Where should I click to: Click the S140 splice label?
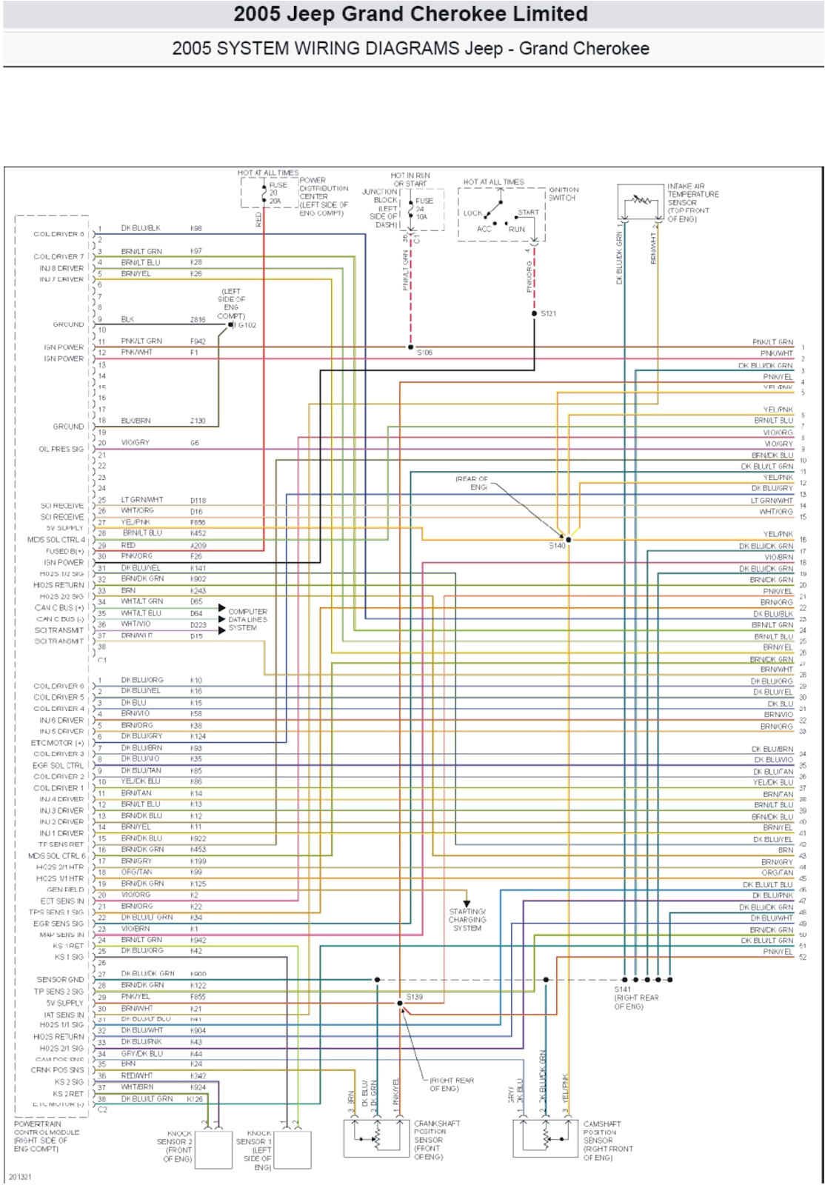(x=557, y=546)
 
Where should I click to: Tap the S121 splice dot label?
(x=548, y=313)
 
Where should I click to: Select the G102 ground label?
(x=247, y=325)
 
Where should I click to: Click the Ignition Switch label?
(x=564, y=194)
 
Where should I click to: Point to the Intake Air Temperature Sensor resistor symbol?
(x=641, y=200)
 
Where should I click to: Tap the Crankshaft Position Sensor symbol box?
(x=377, y=1138)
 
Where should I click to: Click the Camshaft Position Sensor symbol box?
(x=546, y=1138)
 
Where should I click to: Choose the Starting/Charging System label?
(x=467, y=920)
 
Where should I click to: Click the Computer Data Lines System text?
(x=247, y=620)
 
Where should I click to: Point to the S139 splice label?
(x=415, y=997)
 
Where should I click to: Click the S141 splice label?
(x=623, y=989)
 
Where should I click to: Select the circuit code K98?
(x=196, y=228)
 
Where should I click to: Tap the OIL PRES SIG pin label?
(x=61, y=449)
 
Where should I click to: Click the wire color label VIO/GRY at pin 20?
(x=136, y=443)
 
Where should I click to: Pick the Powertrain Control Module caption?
(x=47, y=1136)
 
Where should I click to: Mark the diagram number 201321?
(x=20, y=1177)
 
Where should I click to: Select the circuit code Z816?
(x=198, y=320)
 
